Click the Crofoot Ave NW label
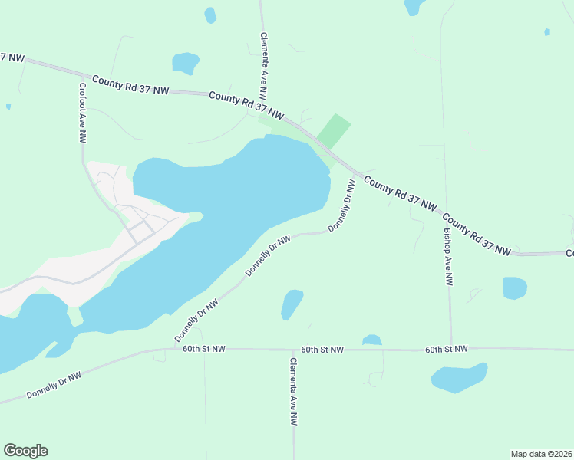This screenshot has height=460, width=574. (x=82, y=113)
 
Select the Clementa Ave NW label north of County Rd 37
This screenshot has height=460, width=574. (x=263, y=67)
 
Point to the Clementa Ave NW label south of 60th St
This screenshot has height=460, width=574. (x=293, y=391)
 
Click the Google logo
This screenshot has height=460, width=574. (x=25, y=451)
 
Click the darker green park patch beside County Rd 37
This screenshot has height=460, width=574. (x=333, y=131)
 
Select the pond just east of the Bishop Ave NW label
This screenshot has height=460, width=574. (x=514, y=288)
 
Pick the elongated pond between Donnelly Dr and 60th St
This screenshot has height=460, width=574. (x=292, y=304)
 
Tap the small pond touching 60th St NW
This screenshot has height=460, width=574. (x=371, y=340)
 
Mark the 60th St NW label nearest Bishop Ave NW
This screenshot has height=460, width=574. (x=447, y=349)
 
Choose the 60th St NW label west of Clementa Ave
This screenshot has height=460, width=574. (x=204, y=349)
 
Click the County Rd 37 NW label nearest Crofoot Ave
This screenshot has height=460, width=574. (x=130, y=85)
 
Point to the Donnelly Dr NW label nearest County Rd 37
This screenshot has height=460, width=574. (x=342, y=206)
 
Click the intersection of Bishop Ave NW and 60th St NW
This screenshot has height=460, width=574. (x=450, y=349)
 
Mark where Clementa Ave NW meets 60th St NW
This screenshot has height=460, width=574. (x=292, y=350)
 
